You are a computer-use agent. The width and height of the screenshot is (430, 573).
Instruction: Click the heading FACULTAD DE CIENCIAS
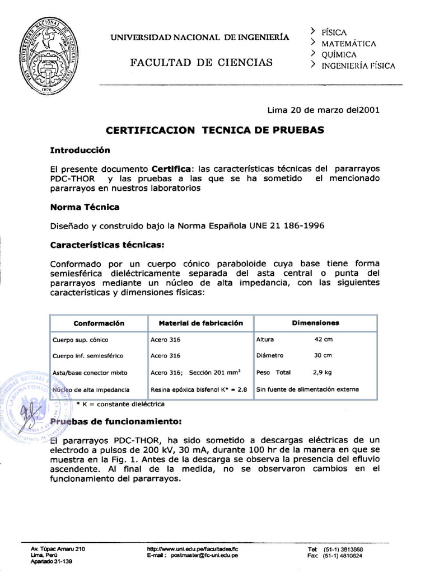point(202,62)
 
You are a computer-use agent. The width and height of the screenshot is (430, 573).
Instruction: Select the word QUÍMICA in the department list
point(339,54)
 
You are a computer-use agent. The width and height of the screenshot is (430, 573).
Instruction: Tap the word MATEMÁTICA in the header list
point(348,43)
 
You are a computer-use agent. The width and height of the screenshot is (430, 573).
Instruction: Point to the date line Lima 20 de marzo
point(324,110)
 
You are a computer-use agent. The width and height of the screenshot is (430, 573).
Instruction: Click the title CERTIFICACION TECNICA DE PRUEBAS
point(215,130)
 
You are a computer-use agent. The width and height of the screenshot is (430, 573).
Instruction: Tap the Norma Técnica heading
point(85,207)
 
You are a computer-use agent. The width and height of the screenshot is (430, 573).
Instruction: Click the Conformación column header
point(99,323)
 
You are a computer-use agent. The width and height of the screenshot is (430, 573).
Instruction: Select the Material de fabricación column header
point(200,323)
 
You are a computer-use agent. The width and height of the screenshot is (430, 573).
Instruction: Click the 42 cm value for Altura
point(323,340)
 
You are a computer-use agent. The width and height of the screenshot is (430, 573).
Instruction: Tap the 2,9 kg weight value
point(322,372)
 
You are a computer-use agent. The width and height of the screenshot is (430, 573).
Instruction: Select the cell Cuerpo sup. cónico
point(80,340)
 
